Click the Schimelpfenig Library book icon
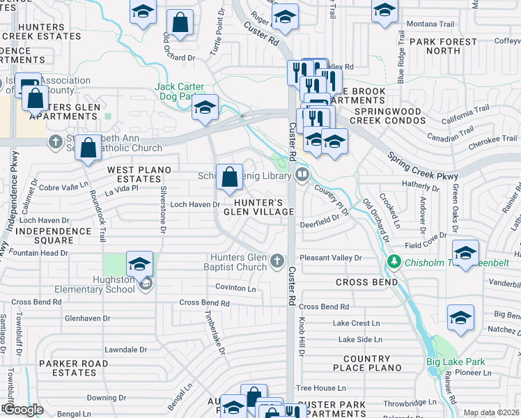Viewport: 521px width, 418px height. pyautogui.click(x=302, y=175)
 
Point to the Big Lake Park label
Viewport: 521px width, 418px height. pyautogui.click(x=456, y=362)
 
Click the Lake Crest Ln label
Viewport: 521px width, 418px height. pyautogui.click(x=357, y=323)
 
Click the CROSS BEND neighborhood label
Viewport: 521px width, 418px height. pyautogui.click(x=366, y=282)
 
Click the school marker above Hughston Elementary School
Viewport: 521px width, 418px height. pyautogui.click(x=140, y=264)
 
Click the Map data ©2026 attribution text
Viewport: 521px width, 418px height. pyautogui.click(x=492, y=412)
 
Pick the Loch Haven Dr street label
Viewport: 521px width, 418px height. pyautogui.click(x=196, y=205)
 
